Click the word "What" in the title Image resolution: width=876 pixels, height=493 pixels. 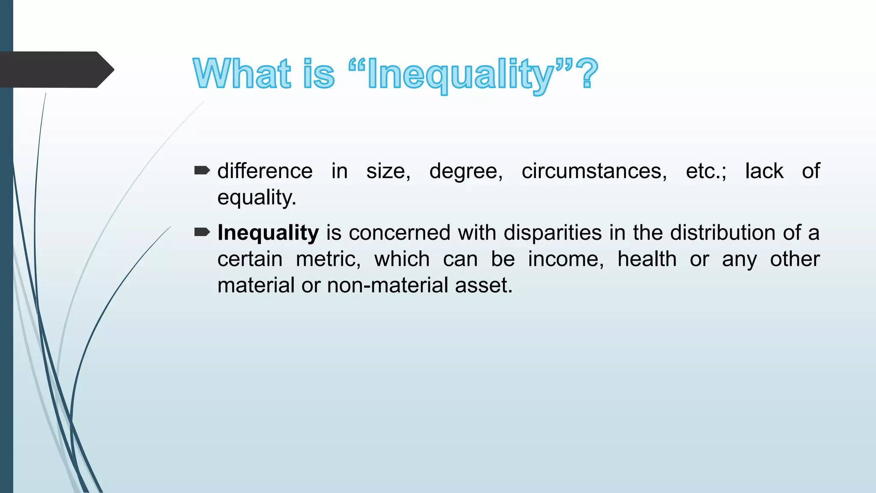(242, 74)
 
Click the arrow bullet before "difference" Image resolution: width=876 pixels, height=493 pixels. (202, 171)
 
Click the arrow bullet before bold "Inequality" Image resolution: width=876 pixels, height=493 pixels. (202, 232)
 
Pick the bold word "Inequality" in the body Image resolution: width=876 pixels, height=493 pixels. (268, 233)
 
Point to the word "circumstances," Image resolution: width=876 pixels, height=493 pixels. (594, 171)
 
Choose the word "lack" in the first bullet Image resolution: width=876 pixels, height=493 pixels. (764, 171)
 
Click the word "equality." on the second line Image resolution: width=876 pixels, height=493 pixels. (257, 198)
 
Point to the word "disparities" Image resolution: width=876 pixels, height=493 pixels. (553, 233)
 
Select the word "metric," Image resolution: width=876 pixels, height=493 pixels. (328, 259)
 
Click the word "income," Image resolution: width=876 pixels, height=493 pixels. (566, 259)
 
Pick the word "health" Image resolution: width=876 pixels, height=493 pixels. (647, 259)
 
